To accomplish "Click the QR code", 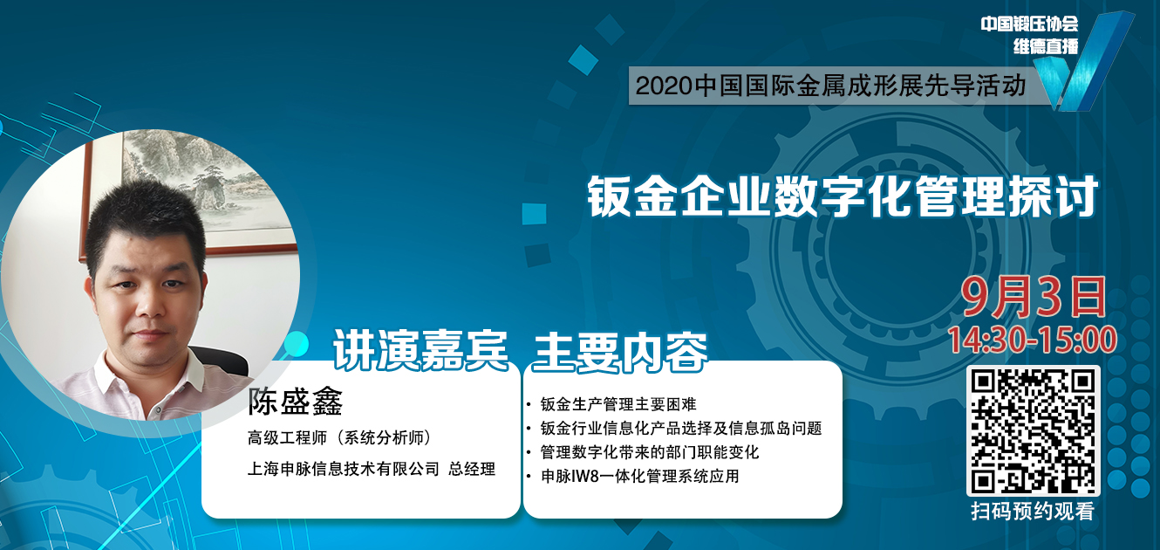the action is click(x=1034, y=431).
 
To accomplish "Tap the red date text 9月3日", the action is click(x=1034, y=298).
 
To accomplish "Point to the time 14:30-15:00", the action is click(x=1032, y=340).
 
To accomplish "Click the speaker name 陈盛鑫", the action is click(x=295, y=402).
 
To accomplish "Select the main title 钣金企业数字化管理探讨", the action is click(x=843, y=196).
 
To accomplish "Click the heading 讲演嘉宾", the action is click(x=420, y=351).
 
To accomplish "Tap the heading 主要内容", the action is click(x=620, y=353).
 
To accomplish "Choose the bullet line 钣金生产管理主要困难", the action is click(x=618, y=404).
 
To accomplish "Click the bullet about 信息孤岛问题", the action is click(x=681, y=428).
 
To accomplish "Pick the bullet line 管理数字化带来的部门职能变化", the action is click(x=650, y=452).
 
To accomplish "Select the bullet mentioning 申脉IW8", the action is click(x=640, y=476).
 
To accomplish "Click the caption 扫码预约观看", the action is click(x=1033, y=511).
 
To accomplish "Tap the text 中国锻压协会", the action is click(x=1029, y=24).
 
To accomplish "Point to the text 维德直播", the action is click(x=1046, y=46).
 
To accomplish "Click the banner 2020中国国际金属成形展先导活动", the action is click(x=830, y=86).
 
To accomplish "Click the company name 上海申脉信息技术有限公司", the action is click(x=344, y=469).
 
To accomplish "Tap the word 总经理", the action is click(x=472, y=469).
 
